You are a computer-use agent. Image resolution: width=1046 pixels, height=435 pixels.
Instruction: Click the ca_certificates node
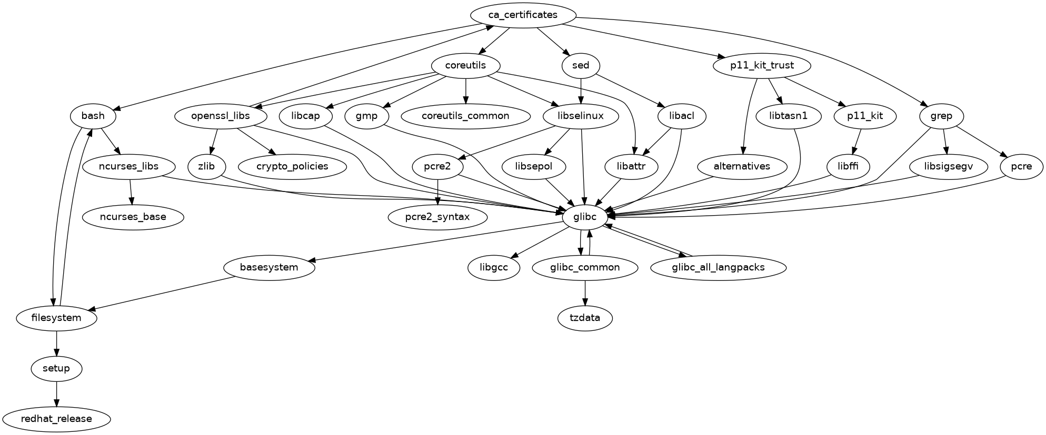pos(523,15)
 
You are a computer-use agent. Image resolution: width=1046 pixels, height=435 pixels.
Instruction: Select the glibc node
pos(584,217)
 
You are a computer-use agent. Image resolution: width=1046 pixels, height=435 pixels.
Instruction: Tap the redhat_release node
pos(56,419)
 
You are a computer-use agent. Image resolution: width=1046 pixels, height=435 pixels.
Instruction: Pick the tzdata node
pos(585,318)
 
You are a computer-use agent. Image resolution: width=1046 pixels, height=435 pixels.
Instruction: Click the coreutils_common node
pos(466,116)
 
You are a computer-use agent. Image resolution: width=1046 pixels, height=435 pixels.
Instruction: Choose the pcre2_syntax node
pos(437,217)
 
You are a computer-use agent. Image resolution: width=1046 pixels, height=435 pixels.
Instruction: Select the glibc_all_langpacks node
pos(718,268)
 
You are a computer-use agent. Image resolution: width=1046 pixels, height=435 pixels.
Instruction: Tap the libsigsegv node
pos(949,167)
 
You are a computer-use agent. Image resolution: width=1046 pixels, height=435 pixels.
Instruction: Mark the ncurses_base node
pos(133,217)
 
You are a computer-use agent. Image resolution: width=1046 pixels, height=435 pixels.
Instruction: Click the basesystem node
pos(269,268)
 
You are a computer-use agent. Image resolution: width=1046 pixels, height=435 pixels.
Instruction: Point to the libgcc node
pos(494,268)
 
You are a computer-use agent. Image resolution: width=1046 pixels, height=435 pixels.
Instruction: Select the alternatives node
pos(742,167)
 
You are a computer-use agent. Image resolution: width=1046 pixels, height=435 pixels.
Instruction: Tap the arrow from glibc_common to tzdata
pos(585,293)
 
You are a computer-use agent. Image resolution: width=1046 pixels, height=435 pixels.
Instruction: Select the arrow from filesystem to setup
pos(56,343)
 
